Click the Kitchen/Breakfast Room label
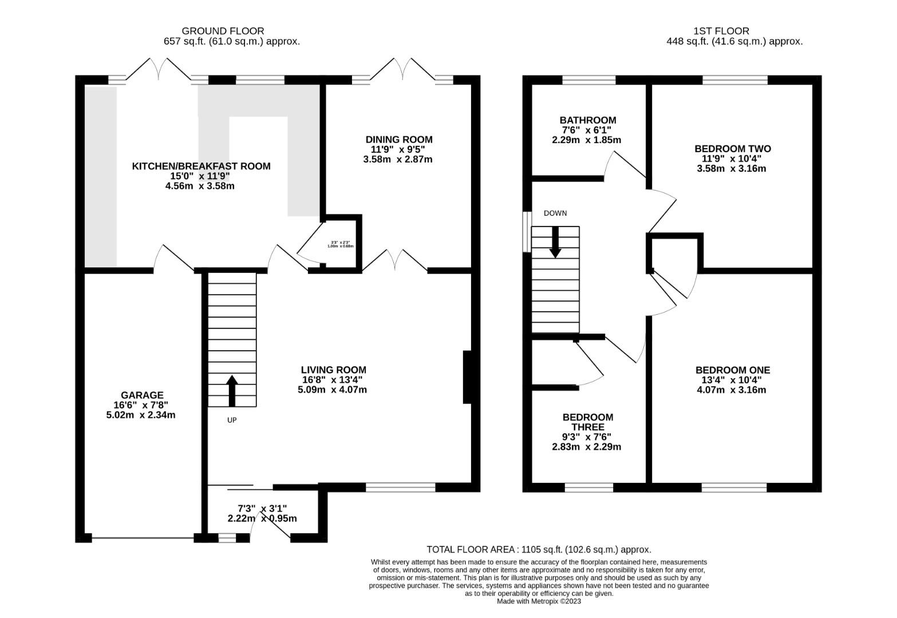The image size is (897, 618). click(x=201, y=167)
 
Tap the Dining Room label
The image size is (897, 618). click(x=398, y=140)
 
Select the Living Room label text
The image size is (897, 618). click(x=334, y=370)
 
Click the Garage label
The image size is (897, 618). click(x=142, y=395)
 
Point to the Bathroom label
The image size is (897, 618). click(x=588, y=121)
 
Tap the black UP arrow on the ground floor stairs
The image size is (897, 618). click(x=232, y=390)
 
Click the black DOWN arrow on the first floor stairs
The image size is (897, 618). click(x=555, y=241)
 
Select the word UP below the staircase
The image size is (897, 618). click(x=232, y=420)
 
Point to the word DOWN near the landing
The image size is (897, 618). click(x=555, y=213)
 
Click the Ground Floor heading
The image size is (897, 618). click(x=223, y=31)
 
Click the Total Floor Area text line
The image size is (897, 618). click(x=539, y=549)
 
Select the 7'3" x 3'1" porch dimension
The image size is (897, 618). click(x=262, y=508)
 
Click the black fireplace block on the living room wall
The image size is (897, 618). click(x=467, y=378)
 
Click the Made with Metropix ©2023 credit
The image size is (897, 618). click(x=539, y=601)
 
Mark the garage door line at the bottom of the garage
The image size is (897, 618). click(x=142, y=538)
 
